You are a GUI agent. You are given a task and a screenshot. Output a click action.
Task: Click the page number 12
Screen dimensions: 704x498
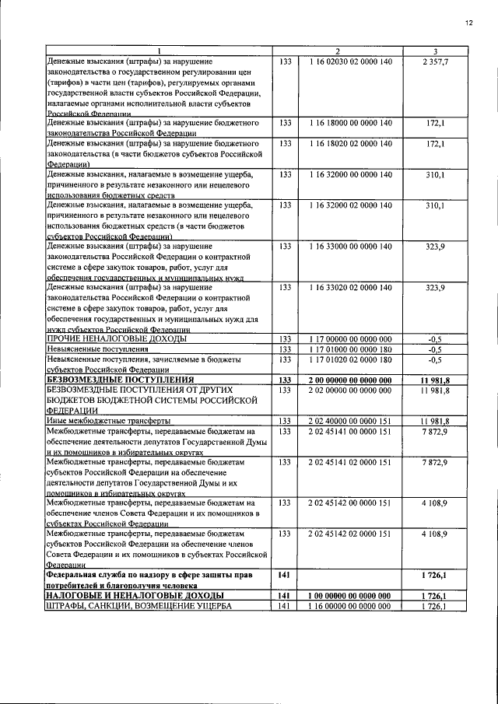coord(469,23)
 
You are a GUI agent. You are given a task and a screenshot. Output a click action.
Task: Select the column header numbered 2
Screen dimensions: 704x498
coord(349,51)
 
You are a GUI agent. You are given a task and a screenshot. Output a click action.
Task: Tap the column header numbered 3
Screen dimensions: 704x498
coord(435,51)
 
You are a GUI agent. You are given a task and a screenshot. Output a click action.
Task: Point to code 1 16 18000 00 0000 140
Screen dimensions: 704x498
coord(349,123)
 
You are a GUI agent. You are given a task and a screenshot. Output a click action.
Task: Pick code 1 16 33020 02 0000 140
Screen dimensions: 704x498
coord(349,288)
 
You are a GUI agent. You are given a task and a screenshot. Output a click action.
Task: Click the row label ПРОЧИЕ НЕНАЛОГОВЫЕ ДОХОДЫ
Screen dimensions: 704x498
coord(117,339)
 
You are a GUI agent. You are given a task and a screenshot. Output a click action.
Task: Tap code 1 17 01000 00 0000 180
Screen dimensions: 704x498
coord(349,349)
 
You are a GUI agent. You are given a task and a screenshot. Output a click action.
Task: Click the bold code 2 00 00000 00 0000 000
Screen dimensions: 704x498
coord(349,380)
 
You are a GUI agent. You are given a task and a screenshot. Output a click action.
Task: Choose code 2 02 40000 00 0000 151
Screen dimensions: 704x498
coord(349,421)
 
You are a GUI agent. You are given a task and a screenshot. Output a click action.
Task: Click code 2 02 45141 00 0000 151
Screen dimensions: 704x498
coord(349,431)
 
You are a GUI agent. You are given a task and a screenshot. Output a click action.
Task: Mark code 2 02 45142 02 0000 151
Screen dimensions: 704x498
coord(349,534)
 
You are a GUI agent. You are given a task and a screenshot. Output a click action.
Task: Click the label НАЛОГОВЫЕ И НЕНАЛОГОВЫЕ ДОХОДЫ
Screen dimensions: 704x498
coord(124,595)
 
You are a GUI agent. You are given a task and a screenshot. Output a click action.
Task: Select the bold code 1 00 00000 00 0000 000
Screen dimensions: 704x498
coord(349,595)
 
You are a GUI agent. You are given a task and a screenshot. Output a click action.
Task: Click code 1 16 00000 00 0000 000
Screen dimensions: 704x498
coord(349,606)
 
